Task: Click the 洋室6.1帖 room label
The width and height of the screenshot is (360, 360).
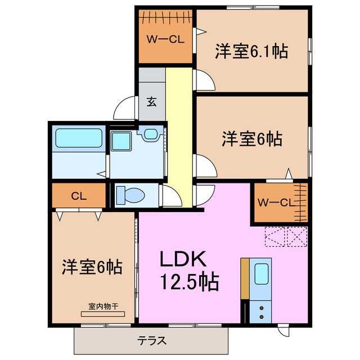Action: [251, 52]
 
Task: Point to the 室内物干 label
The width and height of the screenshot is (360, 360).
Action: [103, 307]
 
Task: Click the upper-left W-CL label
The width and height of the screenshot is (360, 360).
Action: [166, 39]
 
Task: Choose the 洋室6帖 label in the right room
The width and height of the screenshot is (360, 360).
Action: [251, 138]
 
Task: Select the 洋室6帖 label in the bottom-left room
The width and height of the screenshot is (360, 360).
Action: [92, 267]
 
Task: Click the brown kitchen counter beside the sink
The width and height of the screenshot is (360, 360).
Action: [245, 278]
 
